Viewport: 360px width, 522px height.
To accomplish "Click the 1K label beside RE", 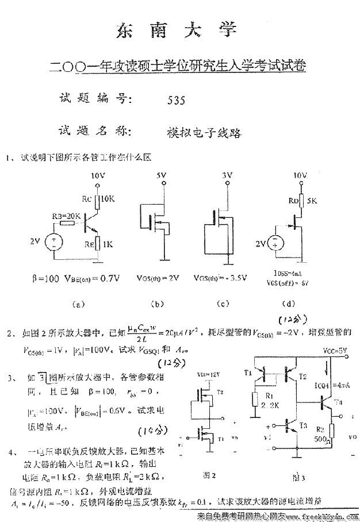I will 108,244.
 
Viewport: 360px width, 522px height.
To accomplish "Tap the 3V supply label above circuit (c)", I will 227,175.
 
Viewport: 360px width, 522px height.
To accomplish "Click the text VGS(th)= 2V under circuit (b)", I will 158,278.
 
